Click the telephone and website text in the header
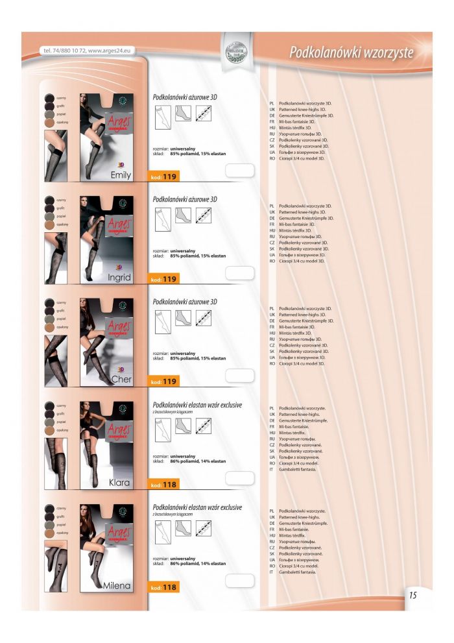(86, 51)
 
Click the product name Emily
(121, 175)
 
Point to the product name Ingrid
(119, 277)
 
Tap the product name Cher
(121, 379)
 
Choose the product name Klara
(120, 482)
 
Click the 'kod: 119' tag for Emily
(163, 176)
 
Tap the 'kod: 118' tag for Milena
(163, 588)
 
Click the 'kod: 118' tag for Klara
(163, 485)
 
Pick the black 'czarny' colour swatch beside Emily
(49, 97)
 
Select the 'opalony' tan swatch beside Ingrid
(49, 225)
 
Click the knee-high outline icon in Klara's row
(161, 426)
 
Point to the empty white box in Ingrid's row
(239, 273)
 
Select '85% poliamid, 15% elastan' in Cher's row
(198, 358)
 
